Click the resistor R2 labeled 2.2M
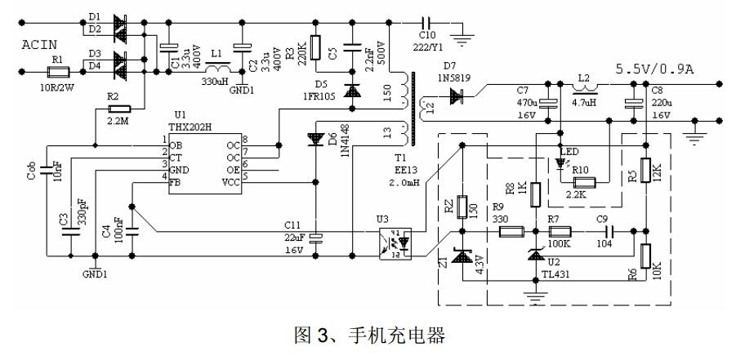coord(118,108)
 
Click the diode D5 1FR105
coord(352,92)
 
